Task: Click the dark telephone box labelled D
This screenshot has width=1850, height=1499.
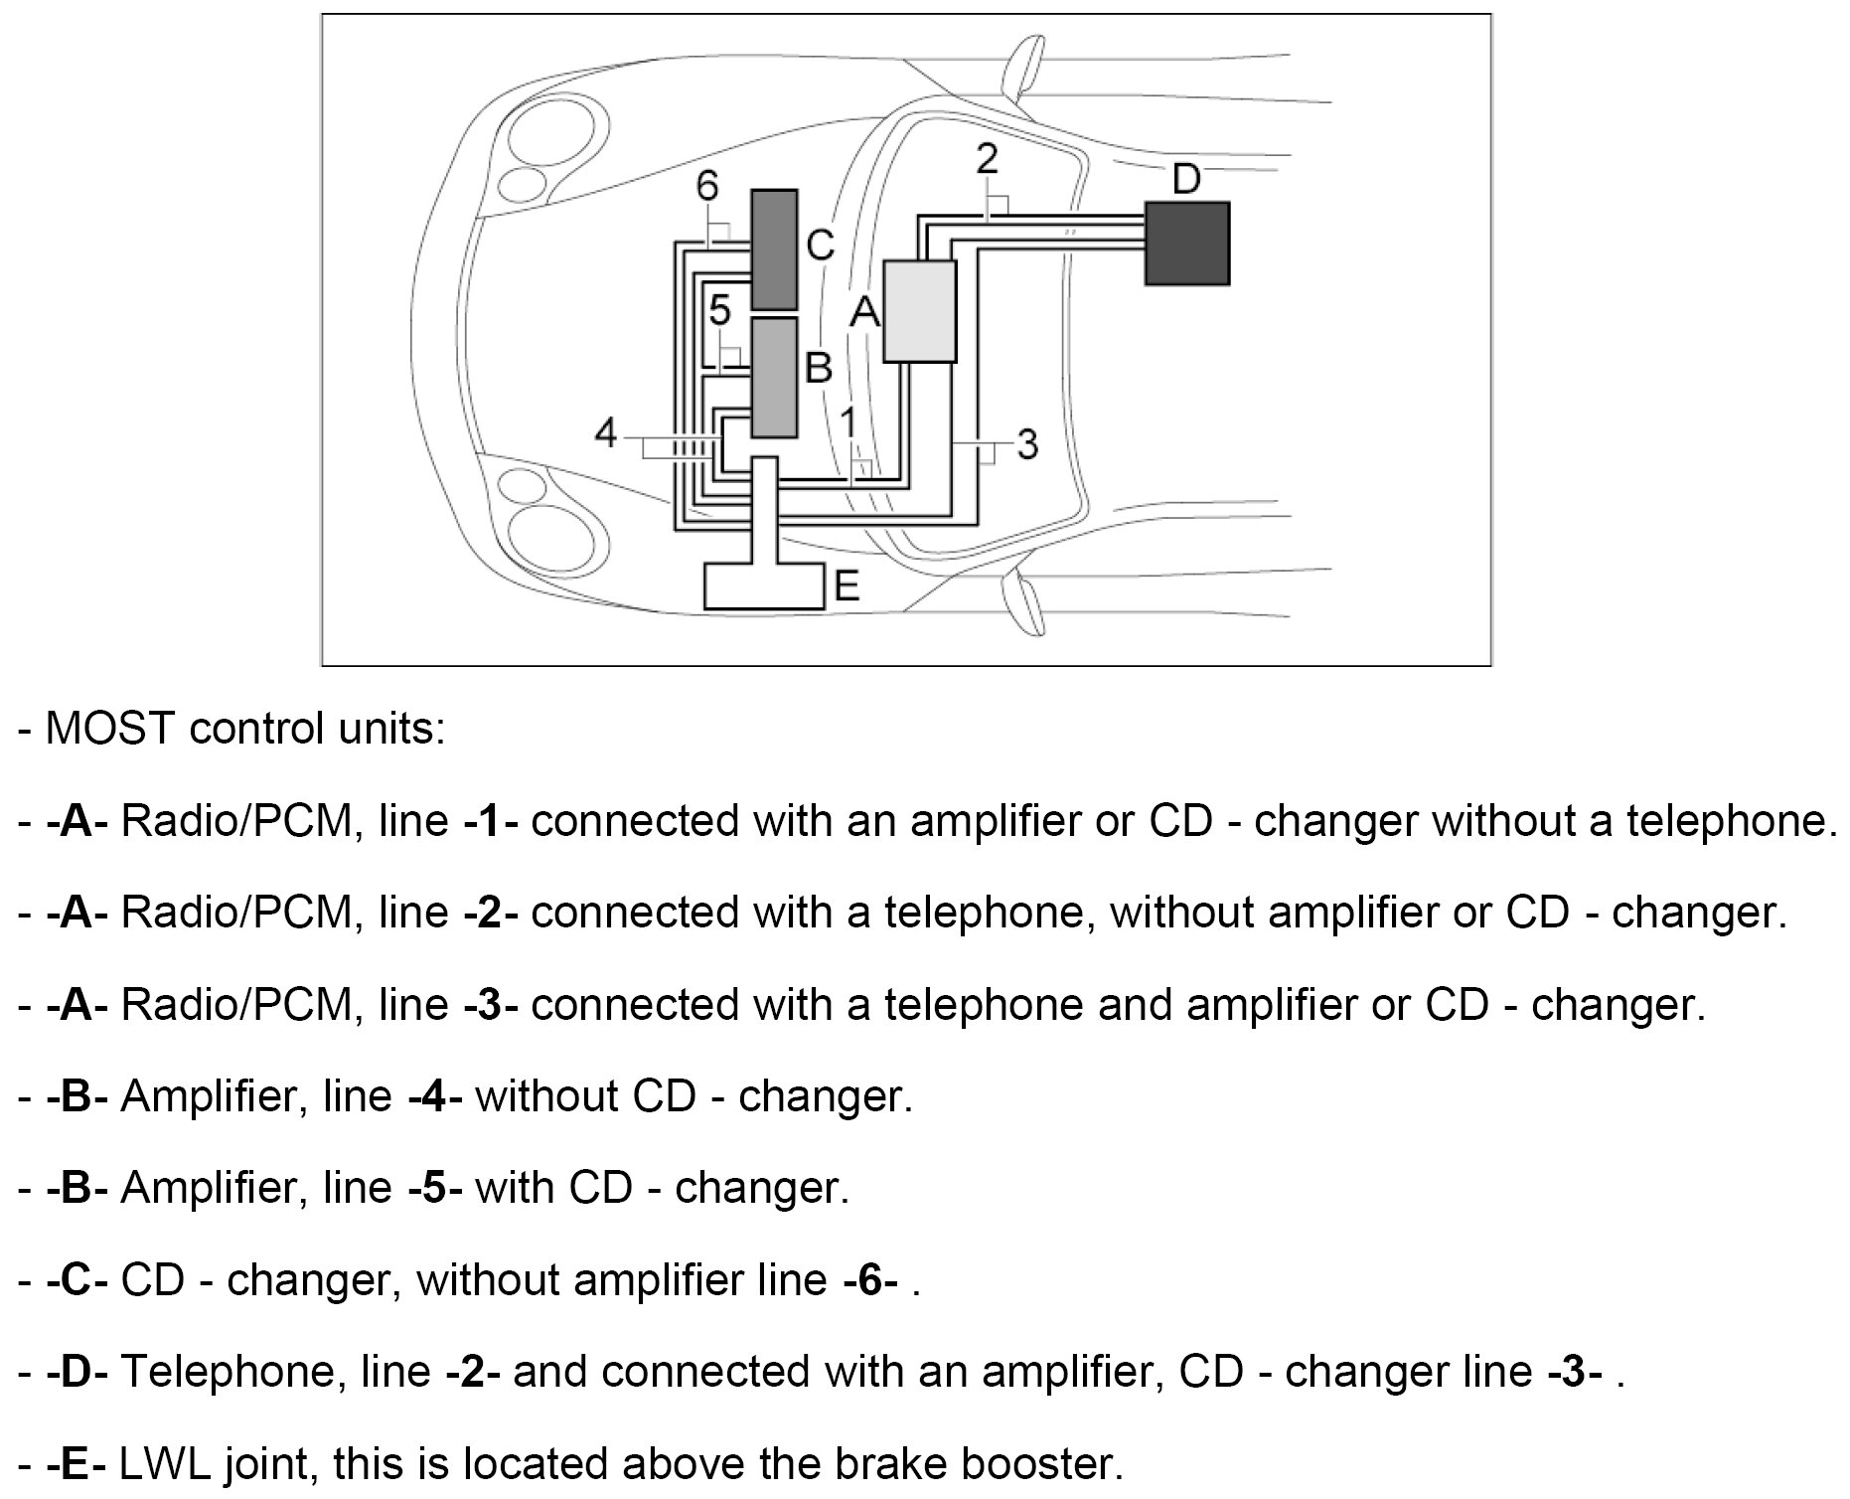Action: click(x=1187, y=244)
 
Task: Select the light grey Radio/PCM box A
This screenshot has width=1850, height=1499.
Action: click(x=919, y=311)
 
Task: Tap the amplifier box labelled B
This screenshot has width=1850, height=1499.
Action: click(x=774, y=377)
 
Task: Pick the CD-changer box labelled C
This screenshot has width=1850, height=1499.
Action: click(x=774, y=250)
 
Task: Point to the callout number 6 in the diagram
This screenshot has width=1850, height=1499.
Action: click(x=706, y=186)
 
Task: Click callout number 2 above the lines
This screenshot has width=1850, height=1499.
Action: click(x=987, y=159)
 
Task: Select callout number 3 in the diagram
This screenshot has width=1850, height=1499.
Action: click(x=1027, y=443)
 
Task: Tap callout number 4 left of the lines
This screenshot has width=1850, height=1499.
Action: click(x=606, y=433)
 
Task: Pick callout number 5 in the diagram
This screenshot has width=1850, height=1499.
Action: click(x=720, y=311)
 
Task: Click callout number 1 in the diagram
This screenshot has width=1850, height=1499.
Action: click(x=848, y=421)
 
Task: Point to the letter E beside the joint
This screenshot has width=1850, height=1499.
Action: click(x=847, y=586)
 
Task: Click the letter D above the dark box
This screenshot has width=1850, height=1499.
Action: click(x=1186, y=180)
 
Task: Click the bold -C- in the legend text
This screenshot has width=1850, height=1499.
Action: click(x=77, y=1280)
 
